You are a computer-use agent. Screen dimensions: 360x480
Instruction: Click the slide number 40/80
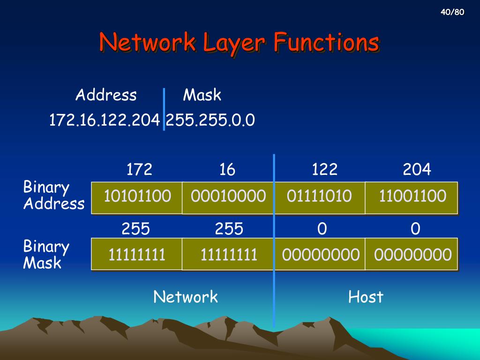coord(452,12)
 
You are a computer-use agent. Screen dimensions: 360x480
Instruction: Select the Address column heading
coord(106,95)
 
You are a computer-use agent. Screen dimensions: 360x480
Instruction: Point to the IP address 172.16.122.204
coord(104,120)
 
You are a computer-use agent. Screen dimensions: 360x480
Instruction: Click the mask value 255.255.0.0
coord(210,120)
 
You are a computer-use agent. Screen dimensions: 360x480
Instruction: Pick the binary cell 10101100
coord(137,196)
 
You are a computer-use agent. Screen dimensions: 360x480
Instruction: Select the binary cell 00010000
coord(228,196)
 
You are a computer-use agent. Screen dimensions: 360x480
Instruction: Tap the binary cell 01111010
coord(319,196)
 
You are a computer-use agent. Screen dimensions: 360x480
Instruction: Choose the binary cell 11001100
coord(412,196)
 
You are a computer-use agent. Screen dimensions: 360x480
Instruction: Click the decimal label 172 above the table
coord(139,169)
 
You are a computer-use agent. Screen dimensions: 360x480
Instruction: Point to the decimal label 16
coord(227,169)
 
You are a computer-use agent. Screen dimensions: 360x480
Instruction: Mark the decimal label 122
coord(324,169)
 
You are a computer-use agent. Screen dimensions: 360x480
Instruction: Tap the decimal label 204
coord(417,169)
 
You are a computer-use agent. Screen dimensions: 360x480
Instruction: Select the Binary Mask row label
coord(46,255)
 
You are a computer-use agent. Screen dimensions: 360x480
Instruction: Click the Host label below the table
coord(366,297)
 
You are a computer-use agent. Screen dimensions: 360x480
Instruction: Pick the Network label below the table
coord(186,297)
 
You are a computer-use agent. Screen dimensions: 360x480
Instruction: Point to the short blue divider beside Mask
coord(164,109)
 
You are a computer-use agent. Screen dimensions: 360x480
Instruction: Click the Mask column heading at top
coord(202,95)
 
